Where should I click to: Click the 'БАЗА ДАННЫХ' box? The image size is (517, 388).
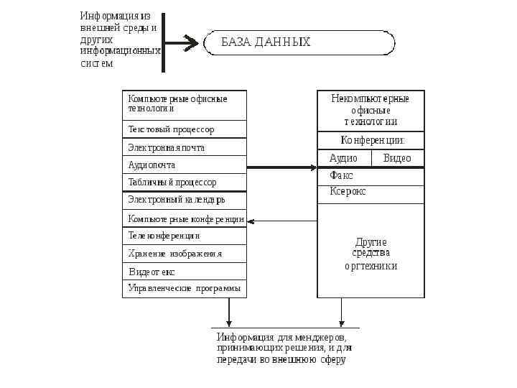pos(299,42)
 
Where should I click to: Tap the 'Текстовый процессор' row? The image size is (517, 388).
pos(184,129)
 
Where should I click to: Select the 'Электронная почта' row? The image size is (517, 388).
pos(184,147)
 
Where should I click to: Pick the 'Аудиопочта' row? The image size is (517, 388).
pos(184,165)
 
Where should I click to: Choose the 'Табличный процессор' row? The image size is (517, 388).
pos(184,182)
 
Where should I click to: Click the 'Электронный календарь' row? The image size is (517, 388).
pos(184,199)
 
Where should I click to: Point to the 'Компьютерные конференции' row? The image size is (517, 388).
pos(184,218)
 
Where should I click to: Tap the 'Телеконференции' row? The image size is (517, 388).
pos(184,235)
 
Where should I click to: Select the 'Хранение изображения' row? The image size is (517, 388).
pos(184,253)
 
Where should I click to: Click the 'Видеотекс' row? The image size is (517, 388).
pos(184,272)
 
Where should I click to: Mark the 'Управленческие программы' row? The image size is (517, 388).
pos(184,288)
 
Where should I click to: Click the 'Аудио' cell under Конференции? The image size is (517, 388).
pos(344,158)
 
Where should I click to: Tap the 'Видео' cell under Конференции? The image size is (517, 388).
pos(397,158)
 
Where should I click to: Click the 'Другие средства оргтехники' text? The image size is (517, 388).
pos(371,254)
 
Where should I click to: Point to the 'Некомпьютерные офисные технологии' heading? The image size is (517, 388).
pos(371,110)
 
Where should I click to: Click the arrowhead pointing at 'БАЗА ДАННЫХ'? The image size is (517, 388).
pos(192,43)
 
